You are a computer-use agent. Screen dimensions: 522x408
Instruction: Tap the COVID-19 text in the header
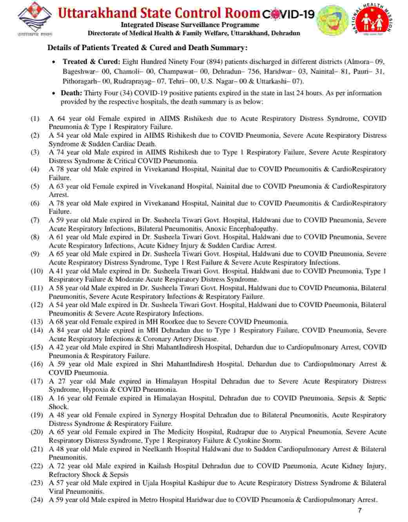(x=288, y=14)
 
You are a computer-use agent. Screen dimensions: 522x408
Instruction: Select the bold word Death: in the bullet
(x=71, y=93)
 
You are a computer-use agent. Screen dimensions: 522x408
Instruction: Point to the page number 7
(x=360, y=510)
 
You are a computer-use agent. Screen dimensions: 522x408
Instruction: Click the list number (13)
(x=37, y=322)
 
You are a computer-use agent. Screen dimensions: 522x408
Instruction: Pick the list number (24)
(x=37, y=500)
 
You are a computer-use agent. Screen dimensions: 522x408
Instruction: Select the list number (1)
(x=35, y=118)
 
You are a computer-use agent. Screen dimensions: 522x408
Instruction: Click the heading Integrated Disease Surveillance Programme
(x=190, y=25)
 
